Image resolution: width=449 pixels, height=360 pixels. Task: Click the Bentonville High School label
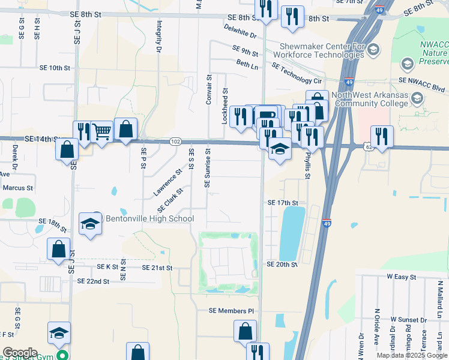click(x=149, y=218)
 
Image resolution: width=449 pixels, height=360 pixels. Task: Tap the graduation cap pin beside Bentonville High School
click(x=91, y=224)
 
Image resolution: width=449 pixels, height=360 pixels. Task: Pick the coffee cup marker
click(x=268, y=115)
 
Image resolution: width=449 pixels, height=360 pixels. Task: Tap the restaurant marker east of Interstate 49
click(x=382, y=136)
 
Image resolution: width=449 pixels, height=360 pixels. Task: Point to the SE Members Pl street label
click(x=232, y=311)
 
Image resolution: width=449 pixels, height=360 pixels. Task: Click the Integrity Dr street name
click(x=160, y=37)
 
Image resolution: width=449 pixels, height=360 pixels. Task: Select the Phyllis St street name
click(x=307, y=165)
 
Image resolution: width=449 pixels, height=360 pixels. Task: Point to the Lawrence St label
click(x=167, y=182)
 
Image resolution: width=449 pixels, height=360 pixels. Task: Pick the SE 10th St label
click(x=55, y=68)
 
